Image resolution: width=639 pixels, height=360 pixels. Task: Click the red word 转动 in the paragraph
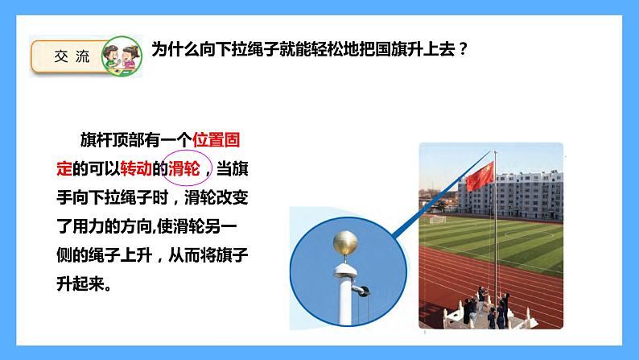132,168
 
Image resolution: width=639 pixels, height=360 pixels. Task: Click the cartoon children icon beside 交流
119,57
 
